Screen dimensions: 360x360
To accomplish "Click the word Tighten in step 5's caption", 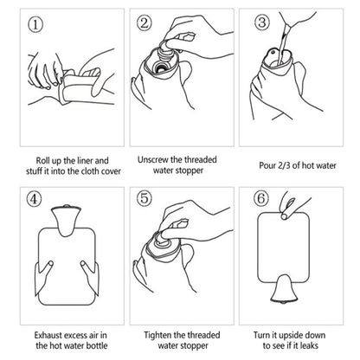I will click(x=158, y=331).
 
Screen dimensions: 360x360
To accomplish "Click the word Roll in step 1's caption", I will click(x=44, y=160).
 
